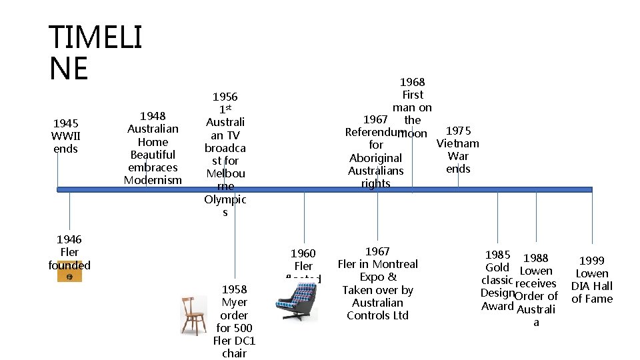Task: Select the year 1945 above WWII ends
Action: (x=65, y=123)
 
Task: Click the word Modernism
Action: (x=153, y=180)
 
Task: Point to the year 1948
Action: (x=153, y=116)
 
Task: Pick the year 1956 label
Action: (x=225, y=97)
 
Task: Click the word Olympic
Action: (x=225, y=199)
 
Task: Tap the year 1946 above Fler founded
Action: (x=69, y=239)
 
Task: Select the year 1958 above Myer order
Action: (x=234, y=289)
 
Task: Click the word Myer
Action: (x=234, y=302)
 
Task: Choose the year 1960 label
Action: (x=303, y=253)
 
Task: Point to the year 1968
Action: (x=412, y=82)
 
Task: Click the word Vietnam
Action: (x=457, y=143)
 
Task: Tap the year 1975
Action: (x=458, y=131)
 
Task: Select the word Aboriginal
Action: (x=376, y=158)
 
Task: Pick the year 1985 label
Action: (x=497, y=255)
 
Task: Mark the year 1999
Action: (x=592, y=261)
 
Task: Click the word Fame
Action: (x=599, y=299)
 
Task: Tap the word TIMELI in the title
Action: (x=95, y=37)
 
